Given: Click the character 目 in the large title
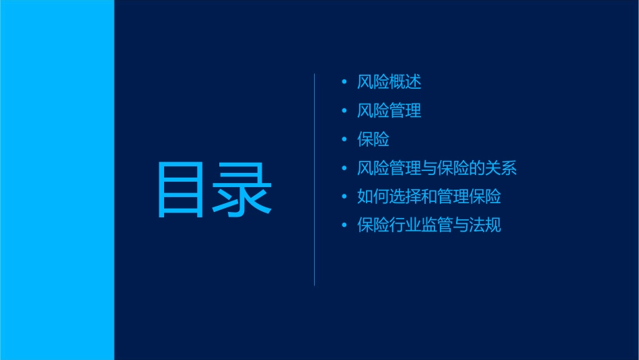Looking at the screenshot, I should click(181, 190).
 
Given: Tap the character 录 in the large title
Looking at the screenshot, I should click(243, 190).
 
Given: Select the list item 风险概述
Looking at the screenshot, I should click(389, 82).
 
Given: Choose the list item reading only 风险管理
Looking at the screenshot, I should click(389, 111).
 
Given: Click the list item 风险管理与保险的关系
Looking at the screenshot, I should click(437, 168).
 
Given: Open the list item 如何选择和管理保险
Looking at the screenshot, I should click(429, 196).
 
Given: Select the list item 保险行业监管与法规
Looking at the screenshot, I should click(429, 225).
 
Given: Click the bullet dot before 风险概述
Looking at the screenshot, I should click(344, 82).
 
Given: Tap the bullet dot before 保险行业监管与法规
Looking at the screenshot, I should click(344, 225).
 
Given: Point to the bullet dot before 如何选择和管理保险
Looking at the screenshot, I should click(344, 196).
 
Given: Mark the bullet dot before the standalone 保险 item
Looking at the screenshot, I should click(344, 140).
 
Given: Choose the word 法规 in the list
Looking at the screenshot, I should click(486, 225).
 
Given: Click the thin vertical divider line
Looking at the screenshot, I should click(315, 180).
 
